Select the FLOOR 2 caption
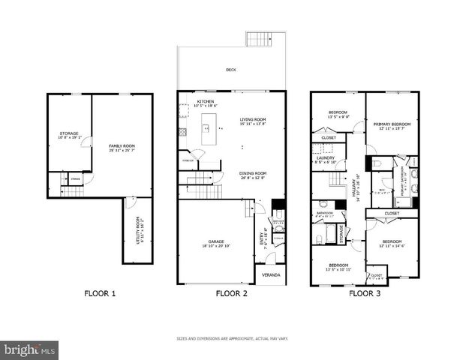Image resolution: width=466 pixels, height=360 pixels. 232,293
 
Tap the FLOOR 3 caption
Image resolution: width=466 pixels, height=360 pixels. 365,293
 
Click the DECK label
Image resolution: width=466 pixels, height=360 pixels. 232,70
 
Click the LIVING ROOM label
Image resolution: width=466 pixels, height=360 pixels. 253,119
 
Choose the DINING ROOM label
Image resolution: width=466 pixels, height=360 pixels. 253,173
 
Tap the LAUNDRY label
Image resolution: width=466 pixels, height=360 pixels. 326,158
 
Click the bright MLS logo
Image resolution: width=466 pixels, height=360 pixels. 29,350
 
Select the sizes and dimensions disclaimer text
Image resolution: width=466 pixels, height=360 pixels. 232,338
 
